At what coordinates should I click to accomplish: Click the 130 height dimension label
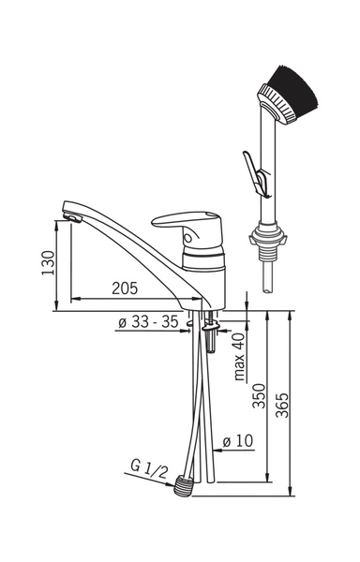click(49, 262)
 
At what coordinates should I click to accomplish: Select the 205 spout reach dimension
click(125, 288)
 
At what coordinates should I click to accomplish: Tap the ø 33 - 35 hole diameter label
click(148, 321)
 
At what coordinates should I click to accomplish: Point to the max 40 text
click(239, 356)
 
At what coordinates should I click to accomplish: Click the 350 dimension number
click(259, 396)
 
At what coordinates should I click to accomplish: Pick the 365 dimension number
click(282, 406)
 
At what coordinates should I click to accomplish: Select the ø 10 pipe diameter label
click(238, 441)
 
